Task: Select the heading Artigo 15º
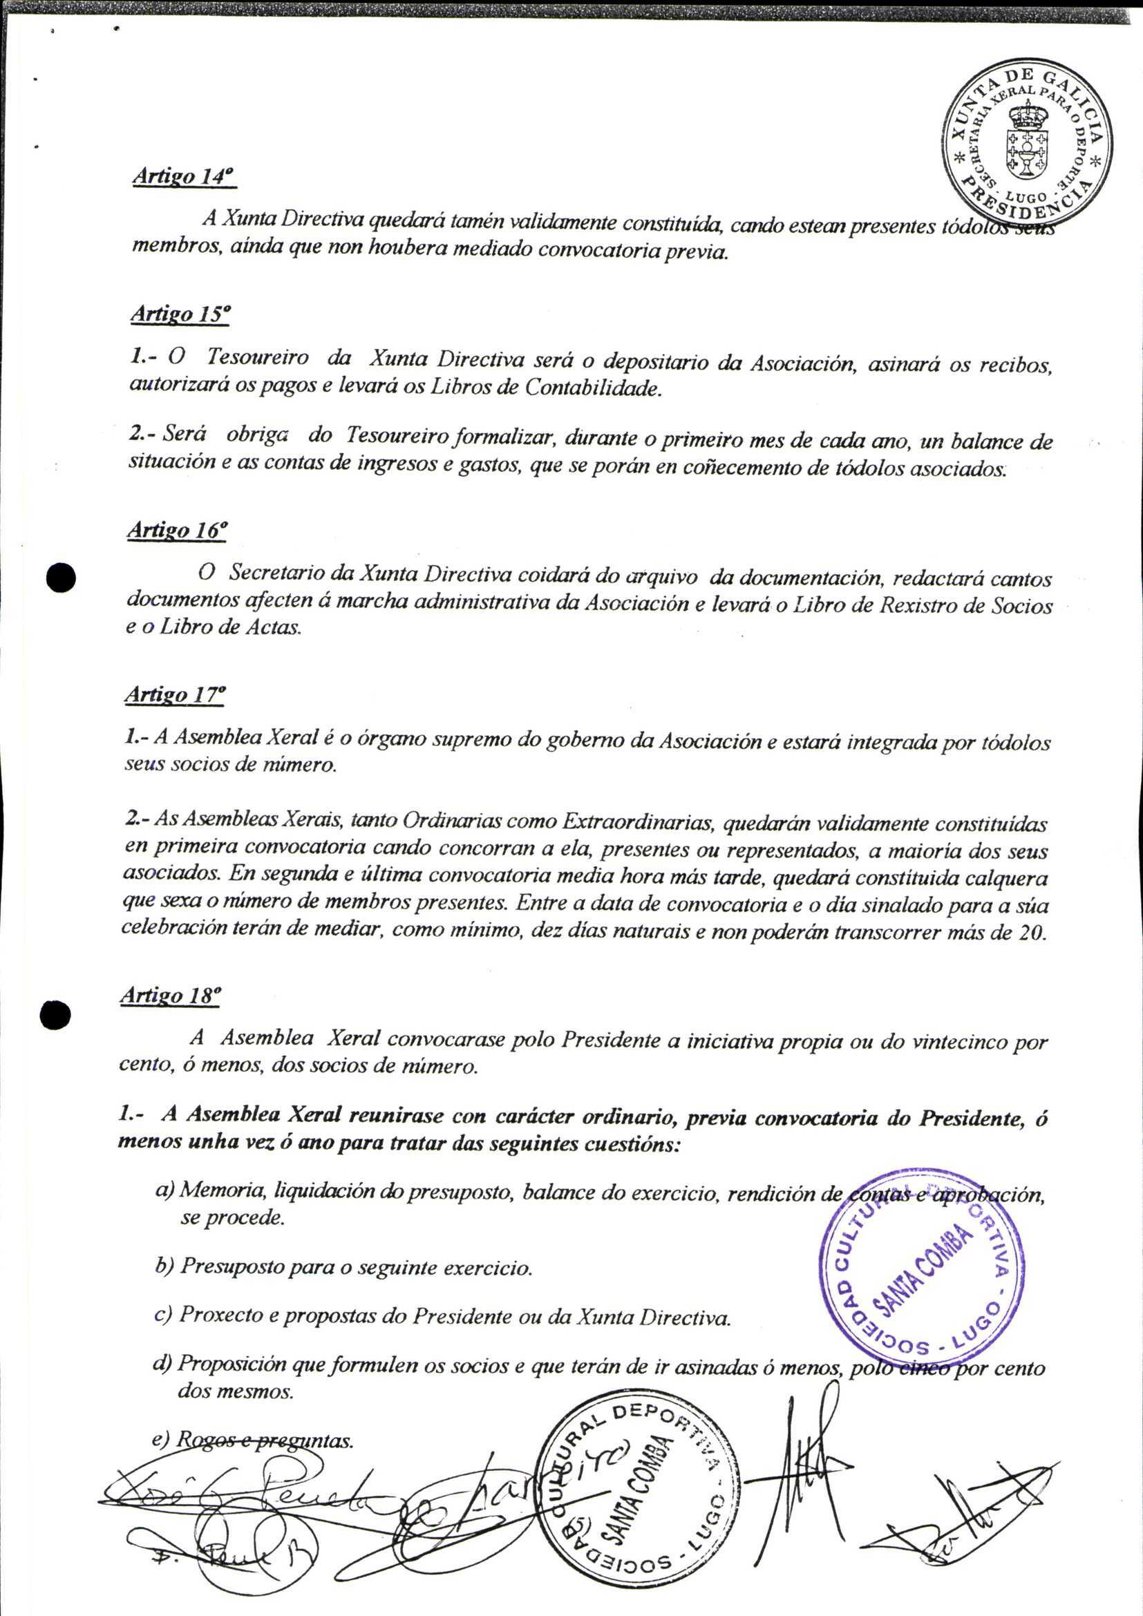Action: [x=180, y=314]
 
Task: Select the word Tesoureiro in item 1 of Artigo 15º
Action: [x=258, y=359]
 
